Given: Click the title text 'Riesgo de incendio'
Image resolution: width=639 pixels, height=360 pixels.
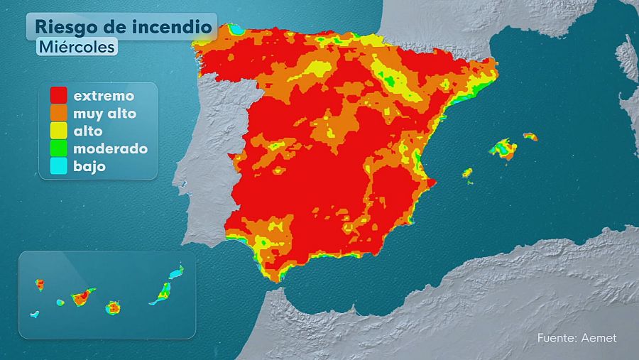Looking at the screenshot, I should tap(123, 27).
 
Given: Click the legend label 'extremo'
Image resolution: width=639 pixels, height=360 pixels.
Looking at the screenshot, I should tap(104, 94).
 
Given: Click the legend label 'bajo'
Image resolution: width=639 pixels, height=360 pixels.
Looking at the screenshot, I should tap(89, 167).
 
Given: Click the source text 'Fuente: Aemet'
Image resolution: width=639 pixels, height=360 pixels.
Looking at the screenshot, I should tap(577, 338).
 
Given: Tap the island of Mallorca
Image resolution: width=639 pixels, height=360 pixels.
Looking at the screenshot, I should tap(503, 148).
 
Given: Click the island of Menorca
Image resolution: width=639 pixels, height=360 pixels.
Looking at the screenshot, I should tap(530, 136).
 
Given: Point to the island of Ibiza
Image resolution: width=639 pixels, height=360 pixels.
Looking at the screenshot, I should tap(467, 173).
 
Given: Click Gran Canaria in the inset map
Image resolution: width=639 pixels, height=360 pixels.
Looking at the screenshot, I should tap(114, 307).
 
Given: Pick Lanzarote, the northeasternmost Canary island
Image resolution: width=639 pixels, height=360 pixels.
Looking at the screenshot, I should tap(177, 271).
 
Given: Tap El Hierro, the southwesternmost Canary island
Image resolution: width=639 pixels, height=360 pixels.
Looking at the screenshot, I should tap(34, 314).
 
